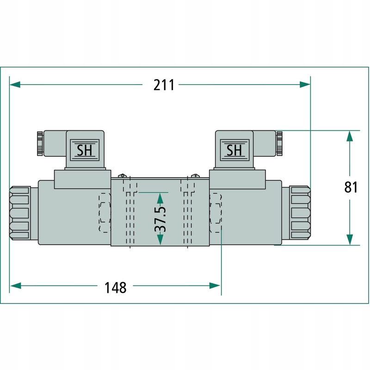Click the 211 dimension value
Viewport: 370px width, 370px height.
[164, 85]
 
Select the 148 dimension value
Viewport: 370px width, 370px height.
[115, 287]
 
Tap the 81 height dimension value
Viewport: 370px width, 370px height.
[351, 187]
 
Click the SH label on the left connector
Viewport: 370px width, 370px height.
[85, 150]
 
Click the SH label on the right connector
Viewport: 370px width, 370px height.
[234, 150]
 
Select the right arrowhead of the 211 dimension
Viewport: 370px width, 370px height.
[305, 85]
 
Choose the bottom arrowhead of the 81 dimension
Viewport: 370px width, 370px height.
[350, 239]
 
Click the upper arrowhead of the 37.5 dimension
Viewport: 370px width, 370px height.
[160, 197]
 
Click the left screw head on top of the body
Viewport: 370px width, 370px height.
[123, 176]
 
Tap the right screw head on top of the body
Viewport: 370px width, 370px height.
[195, 176]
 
